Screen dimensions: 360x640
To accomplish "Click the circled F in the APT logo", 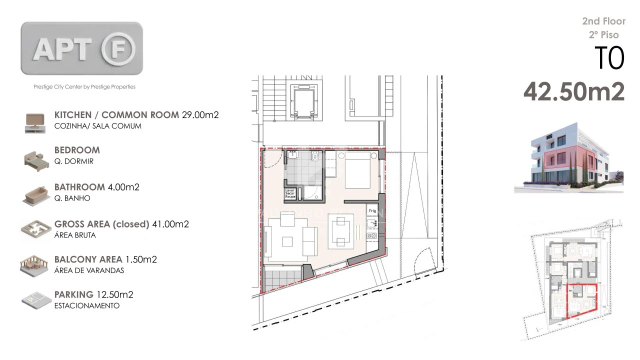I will tap(118, 49).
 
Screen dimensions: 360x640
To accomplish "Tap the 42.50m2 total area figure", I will tap(574, 91).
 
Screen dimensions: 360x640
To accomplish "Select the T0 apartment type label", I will tap(609, 58).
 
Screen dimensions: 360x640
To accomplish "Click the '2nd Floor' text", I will tap(603, 21).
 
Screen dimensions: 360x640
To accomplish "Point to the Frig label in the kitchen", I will tap(372, 211).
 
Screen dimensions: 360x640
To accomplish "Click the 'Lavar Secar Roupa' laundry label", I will tap(290, 193).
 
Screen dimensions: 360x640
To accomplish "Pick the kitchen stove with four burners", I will tap(372, 235).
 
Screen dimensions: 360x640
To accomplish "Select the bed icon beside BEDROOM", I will tap(34, 158).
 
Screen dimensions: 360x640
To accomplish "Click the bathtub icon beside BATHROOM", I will tap(34, 194).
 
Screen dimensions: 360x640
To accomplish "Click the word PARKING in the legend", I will tap(74, 294).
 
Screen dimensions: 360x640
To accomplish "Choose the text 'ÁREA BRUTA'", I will tap(75, 235).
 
